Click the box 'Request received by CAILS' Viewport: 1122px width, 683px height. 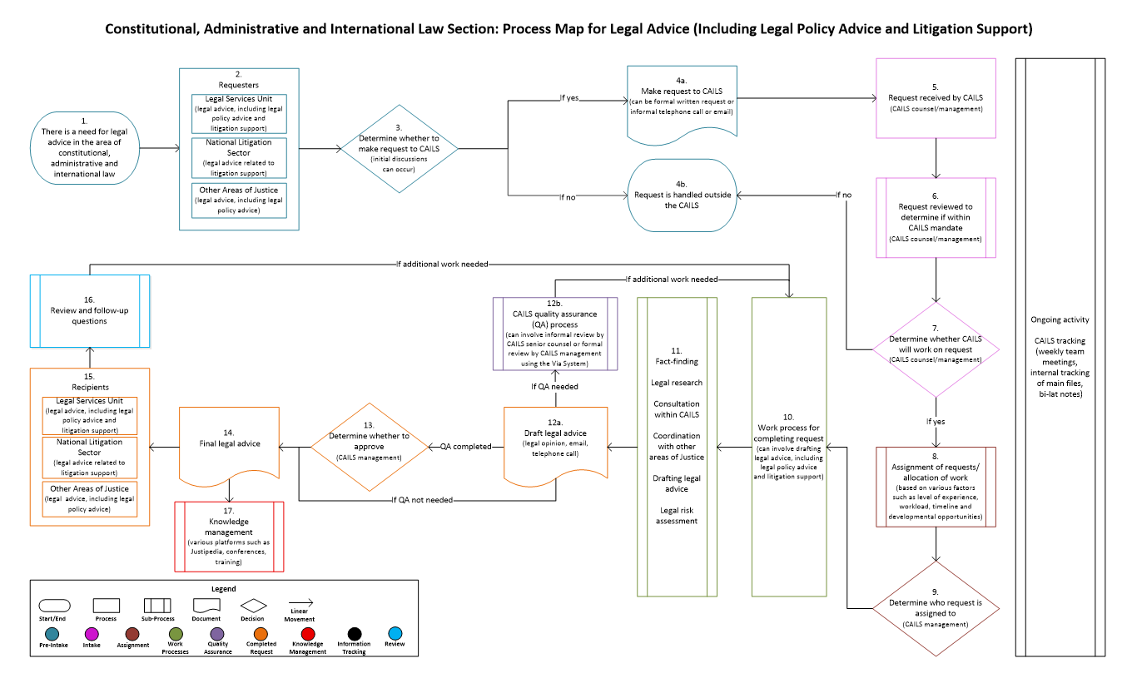936,97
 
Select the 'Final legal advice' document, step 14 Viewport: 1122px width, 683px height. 229,444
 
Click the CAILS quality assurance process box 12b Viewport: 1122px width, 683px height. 554,333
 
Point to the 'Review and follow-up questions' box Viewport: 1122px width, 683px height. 89,310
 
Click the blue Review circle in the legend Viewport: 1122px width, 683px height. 395,633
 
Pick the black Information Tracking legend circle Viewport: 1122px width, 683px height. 353,633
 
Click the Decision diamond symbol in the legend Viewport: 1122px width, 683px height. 252,606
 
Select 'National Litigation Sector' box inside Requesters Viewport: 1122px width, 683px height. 239,157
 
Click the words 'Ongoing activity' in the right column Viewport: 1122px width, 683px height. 1060,319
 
